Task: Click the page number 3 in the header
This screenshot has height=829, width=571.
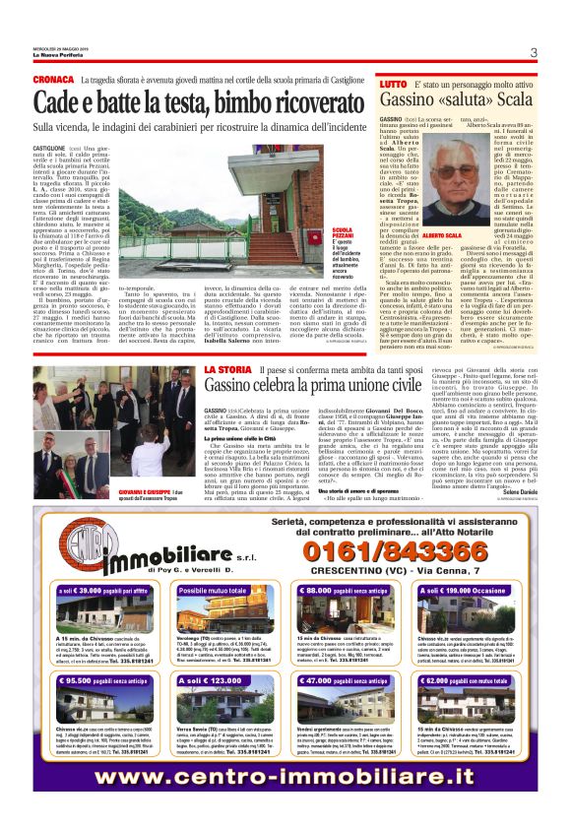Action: (x=533, y=53)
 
